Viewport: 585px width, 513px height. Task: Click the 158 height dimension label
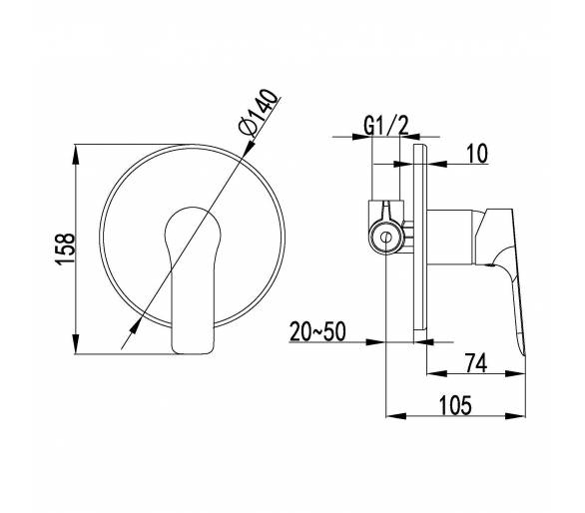tap(65, 249)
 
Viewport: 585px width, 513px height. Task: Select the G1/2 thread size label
tap(386, 125)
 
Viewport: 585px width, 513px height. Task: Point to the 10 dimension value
tap(477, 154)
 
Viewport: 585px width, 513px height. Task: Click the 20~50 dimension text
tap(317, 331)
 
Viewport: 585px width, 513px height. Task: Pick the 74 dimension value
tap(476, 362)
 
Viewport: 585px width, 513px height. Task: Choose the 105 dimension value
tap(455, 405)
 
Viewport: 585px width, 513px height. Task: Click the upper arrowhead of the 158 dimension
tap(75, 154)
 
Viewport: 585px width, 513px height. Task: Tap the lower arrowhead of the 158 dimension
tap(75, 344)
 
